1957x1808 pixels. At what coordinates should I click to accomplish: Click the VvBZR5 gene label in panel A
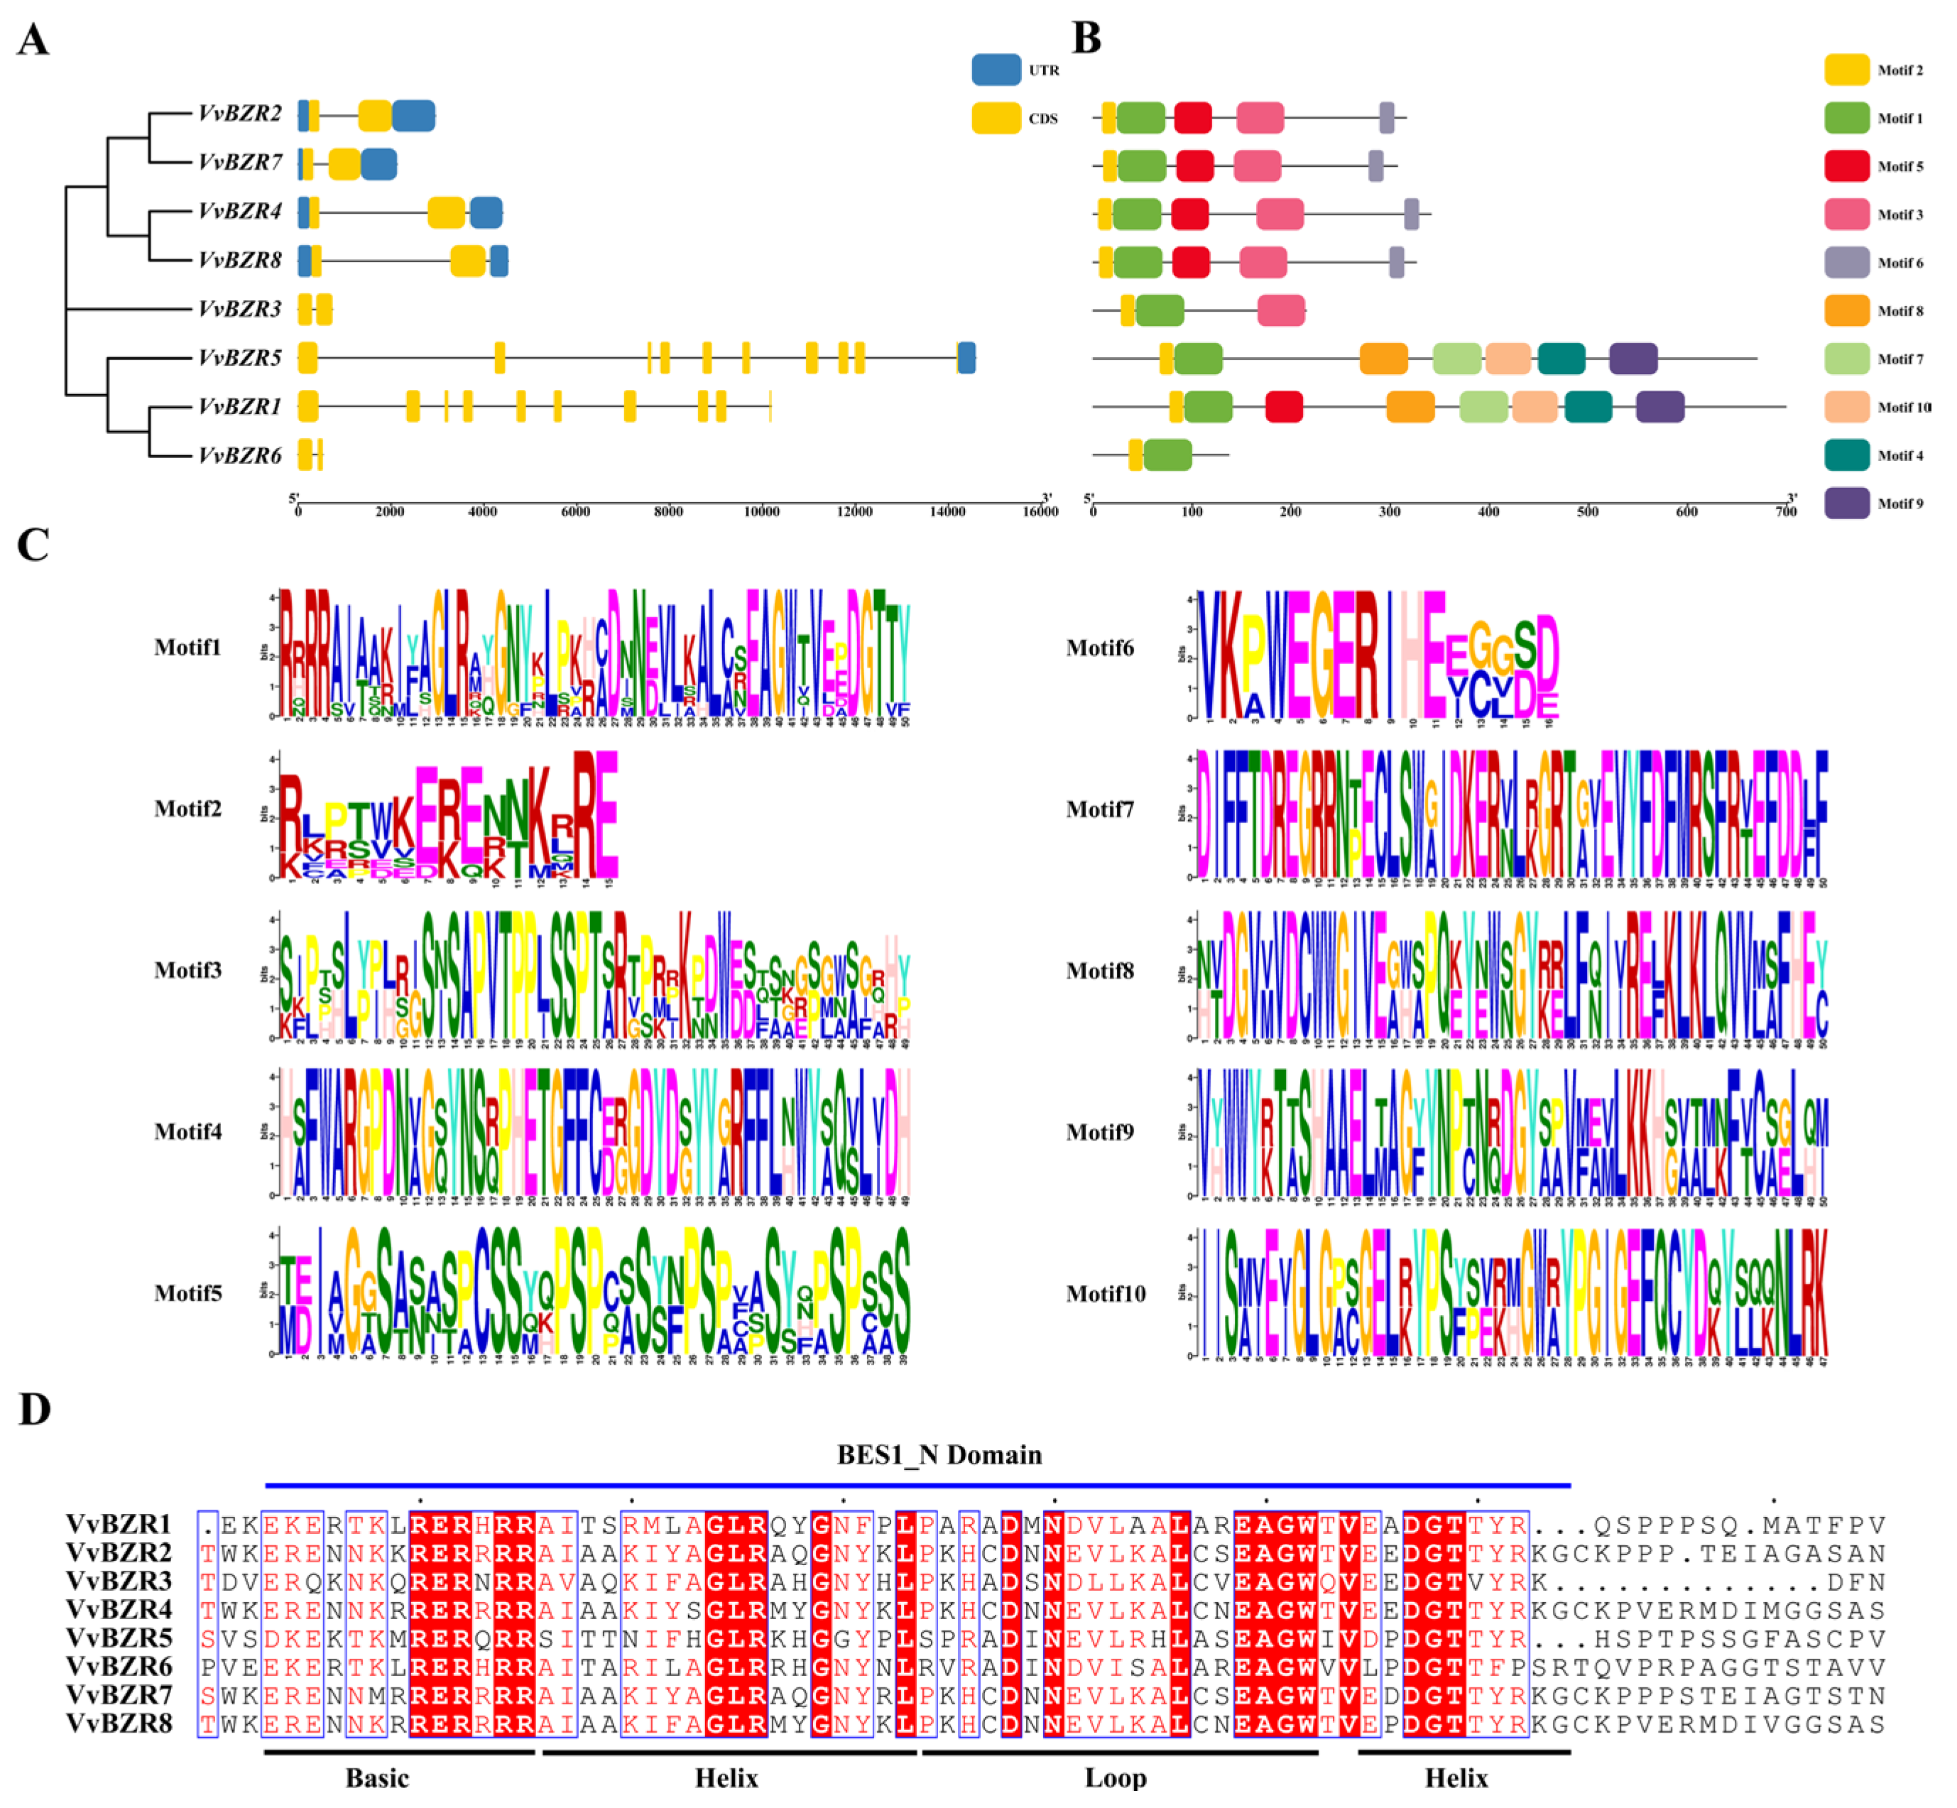(x=240, y=358)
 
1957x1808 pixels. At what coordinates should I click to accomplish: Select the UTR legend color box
(x=995, y=70)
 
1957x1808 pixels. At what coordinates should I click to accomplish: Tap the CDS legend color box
(x=995, y=119)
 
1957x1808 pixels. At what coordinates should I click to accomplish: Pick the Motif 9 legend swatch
(x=1846, y=503)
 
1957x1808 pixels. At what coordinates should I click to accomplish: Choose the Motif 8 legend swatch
(x=1846, y=310)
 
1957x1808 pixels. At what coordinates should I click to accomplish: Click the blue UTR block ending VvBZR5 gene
(x=966, y=358)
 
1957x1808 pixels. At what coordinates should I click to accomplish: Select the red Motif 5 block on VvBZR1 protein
(x=1283, y=406)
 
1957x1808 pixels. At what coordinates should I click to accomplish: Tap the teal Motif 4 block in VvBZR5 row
(x=1561, y=358)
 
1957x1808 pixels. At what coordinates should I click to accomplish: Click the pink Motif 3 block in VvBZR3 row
(x=1281, y=310)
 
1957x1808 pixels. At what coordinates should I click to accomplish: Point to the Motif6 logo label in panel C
(x=1100, y=648)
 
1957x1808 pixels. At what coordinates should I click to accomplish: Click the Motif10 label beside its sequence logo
(x=1106, y=1293)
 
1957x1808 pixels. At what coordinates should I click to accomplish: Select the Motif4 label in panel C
(x=188, y=1132)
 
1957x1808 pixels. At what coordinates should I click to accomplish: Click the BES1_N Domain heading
(x=939, y=1455)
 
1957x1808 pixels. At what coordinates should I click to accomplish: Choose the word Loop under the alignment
(x=1116, y=1777)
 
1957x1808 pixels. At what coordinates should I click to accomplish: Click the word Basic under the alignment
(x=377, y=1777)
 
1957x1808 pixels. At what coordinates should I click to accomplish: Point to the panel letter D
(x=34, y=1409)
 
